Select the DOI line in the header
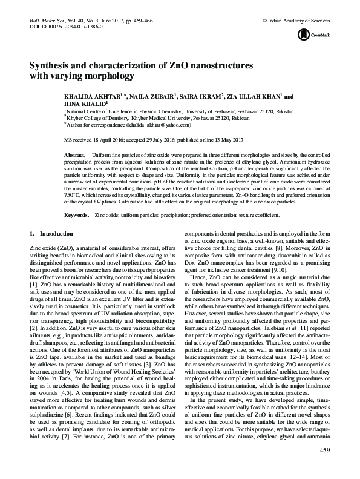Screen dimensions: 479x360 click(x=66, y=27)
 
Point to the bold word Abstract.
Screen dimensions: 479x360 click(x=74, y=156)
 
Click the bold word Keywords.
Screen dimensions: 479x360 click(x=76, y=215)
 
